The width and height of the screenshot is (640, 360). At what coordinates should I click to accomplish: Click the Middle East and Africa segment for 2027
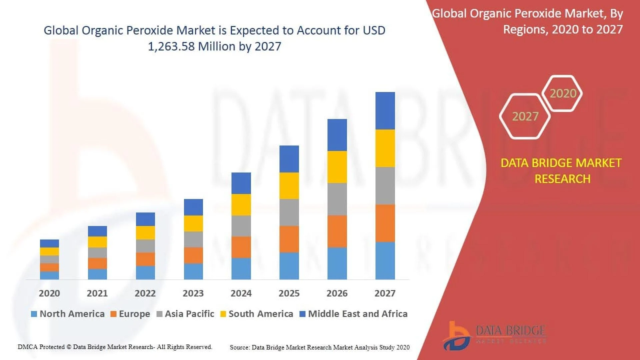pos(385,111)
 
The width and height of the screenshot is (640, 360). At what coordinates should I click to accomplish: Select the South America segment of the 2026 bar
pos(337,167)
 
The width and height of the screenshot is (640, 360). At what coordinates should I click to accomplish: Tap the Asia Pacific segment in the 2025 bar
pos(289,213)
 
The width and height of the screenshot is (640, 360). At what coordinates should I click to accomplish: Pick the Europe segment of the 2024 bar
pos(241,247)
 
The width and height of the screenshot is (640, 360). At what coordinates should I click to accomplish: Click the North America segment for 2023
pos(193,271)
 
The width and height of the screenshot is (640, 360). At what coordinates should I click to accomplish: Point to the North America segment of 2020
pos(49,275)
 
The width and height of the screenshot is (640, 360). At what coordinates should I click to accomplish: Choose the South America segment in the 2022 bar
pos(145,233)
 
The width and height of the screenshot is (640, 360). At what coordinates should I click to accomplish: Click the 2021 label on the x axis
pos(97,293)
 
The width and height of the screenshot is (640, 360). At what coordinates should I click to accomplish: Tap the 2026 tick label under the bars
pos(337,293)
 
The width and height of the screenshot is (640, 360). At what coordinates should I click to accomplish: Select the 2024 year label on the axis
pos(241,293)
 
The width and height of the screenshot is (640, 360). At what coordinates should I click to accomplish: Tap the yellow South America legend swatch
pos(223,314)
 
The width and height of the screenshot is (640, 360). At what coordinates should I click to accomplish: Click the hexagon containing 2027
pos(525,116)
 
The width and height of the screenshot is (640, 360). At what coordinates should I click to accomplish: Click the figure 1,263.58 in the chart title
pos(171,46)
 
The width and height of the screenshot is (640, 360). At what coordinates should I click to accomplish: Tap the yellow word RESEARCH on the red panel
pos(562,179)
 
